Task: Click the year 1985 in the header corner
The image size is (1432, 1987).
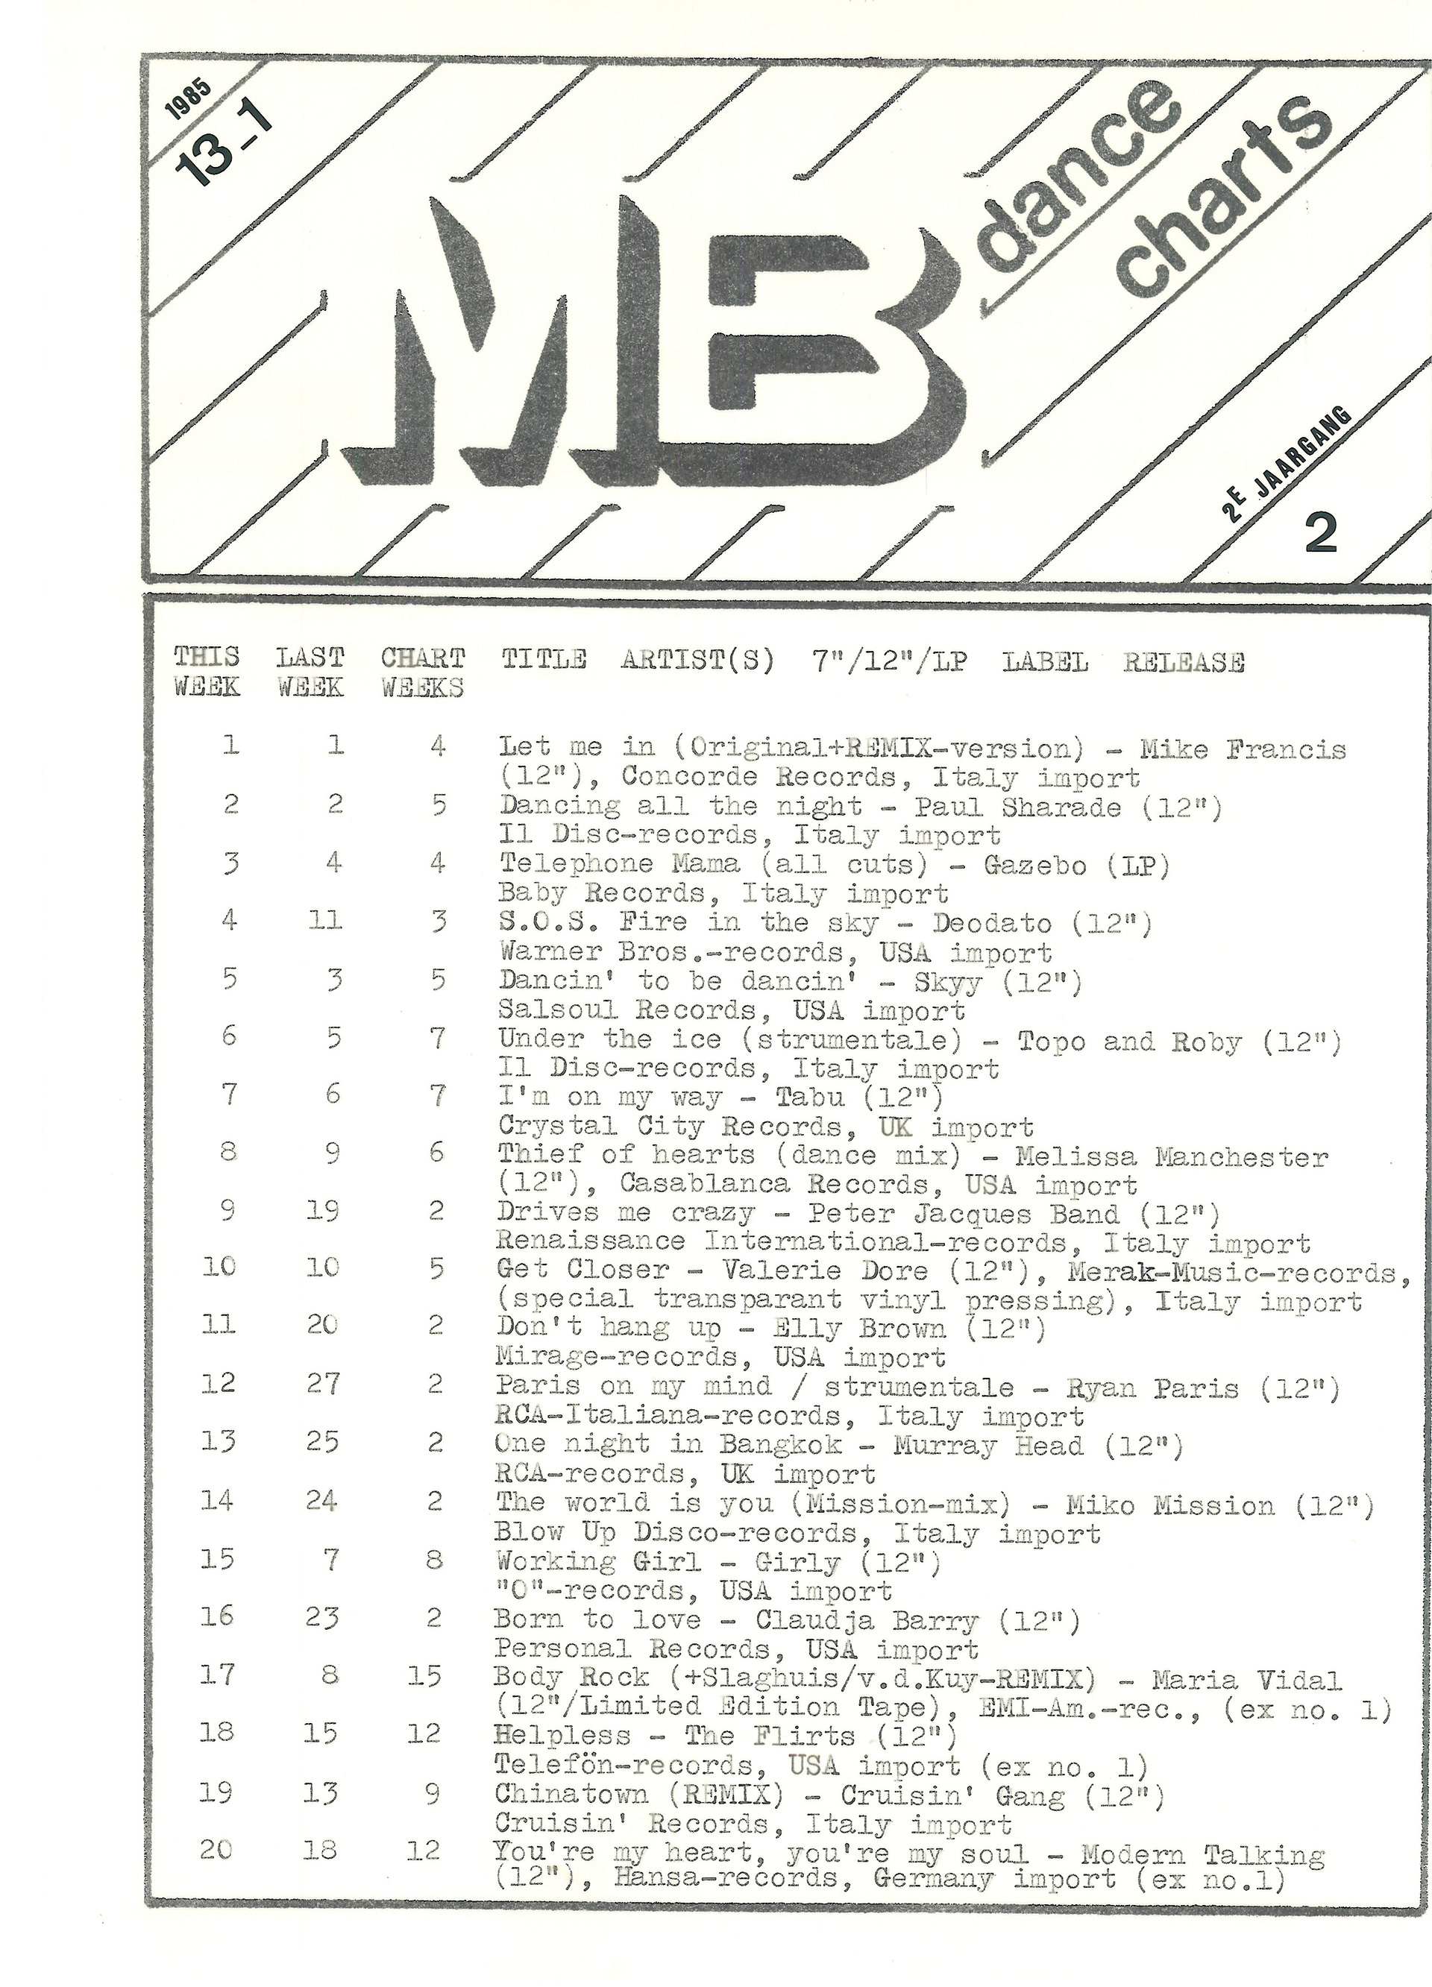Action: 186,101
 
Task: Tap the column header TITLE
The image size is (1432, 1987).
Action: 544,660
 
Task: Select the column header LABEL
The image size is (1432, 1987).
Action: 1046,662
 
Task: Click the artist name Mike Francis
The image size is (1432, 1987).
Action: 1242,750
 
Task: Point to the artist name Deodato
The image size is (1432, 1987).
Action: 992,923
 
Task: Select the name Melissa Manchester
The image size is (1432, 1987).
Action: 1172,1157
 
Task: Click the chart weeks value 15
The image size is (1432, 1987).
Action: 425,1676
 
